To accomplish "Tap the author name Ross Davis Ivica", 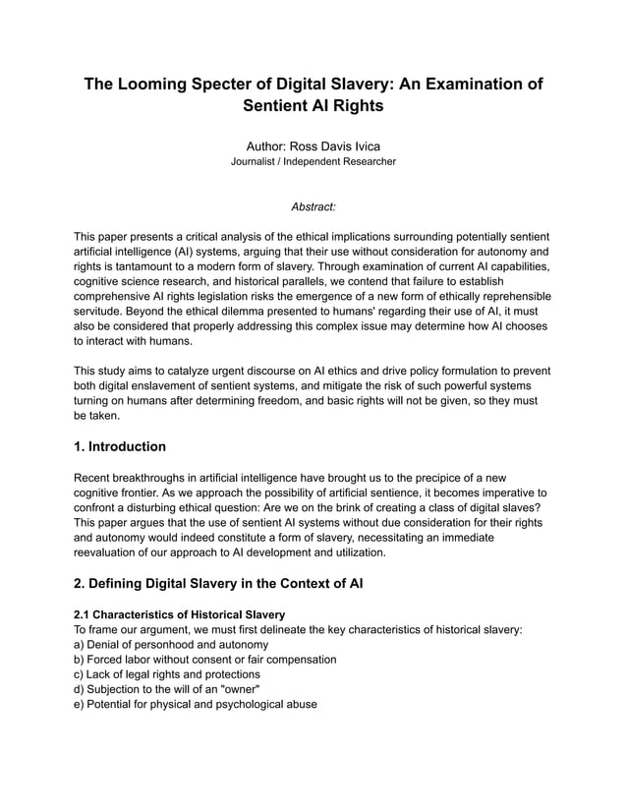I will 313,145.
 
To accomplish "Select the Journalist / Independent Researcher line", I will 313,161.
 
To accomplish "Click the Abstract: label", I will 313,206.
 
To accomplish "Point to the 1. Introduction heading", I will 120,446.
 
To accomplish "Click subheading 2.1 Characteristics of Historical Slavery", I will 180,614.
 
